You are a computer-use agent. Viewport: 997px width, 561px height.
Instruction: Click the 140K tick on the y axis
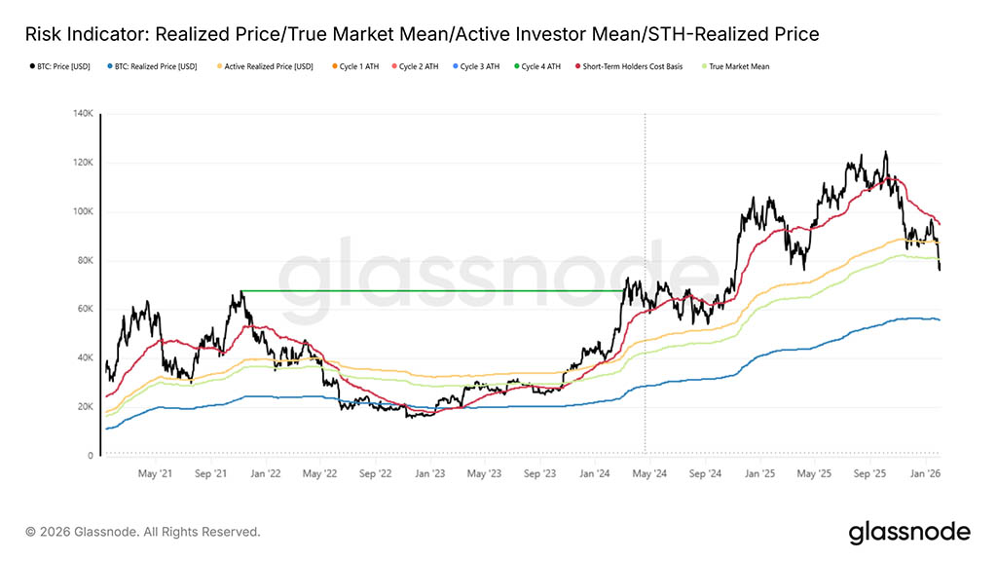point(82,114)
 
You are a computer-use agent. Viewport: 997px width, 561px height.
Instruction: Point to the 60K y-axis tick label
point(85,309)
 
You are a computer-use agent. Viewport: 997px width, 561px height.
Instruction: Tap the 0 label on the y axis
point(91,455)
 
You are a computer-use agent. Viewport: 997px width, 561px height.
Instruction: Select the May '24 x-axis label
point(648,473)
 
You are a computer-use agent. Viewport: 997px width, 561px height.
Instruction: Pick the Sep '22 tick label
point(375,473)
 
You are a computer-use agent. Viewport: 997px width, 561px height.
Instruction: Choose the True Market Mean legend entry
point(739,66)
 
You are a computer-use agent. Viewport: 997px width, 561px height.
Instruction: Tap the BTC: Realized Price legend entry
point(155,66)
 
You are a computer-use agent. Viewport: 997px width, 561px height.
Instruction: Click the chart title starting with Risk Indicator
point(422,34)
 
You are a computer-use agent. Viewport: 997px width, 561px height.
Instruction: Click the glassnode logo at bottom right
point(909,532)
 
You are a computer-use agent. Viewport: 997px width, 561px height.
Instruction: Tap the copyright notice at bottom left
point(143,532)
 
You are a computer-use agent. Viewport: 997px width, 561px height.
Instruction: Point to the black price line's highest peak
point(885,152)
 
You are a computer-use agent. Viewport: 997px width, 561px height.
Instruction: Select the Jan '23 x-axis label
point(430,473)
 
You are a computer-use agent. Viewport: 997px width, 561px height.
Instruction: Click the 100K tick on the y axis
point(82,211)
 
